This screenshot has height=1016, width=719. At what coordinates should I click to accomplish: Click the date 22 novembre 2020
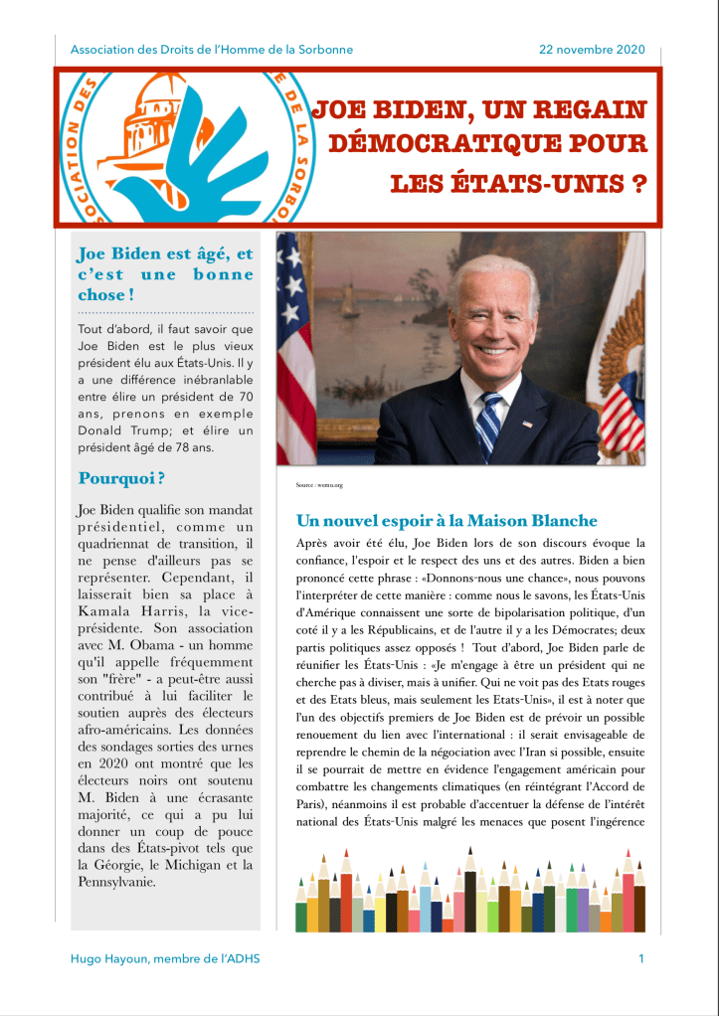click(592, 50)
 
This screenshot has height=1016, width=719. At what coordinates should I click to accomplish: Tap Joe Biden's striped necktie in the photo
click(489, 423)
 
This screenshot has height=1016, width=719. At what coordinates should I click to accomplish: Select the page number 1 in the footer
click(641, 958)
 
